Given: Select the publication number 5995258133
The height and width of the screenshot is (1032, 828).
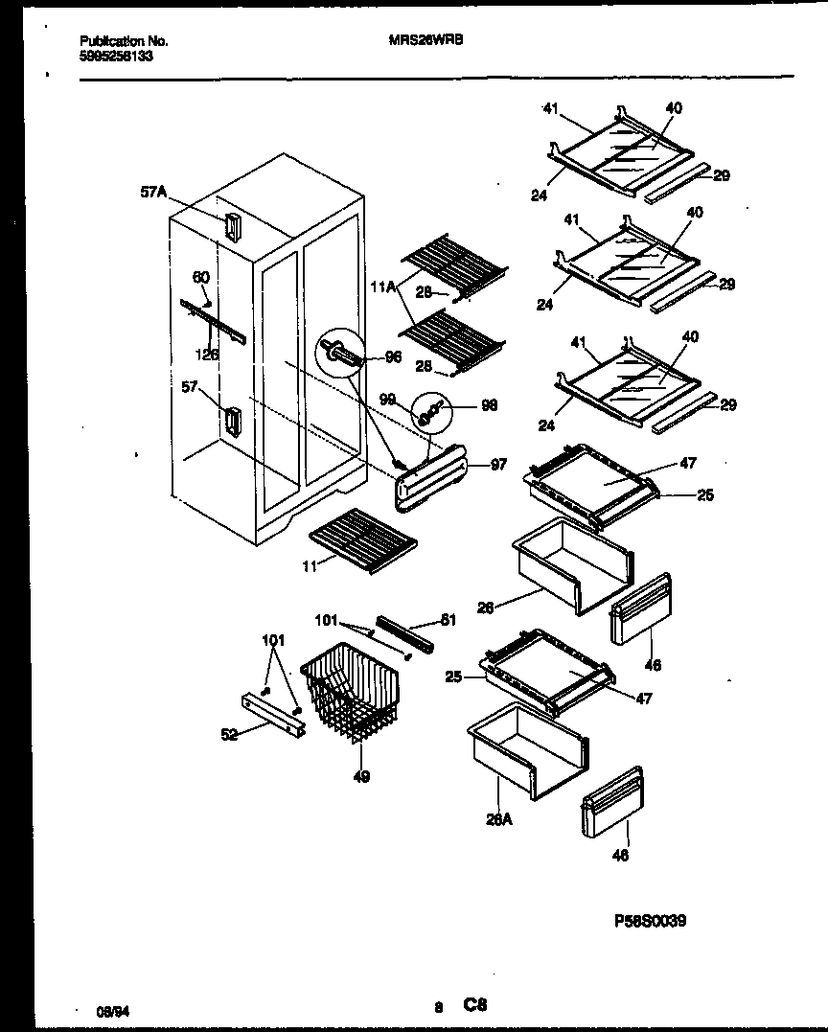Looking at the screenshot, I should [116, 56].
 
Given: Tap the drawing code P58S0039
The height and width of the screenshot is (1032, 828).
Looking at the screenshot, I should [649, 921].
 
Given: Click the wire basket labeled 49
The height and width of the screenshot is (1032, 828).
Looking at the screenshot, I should [352, 690].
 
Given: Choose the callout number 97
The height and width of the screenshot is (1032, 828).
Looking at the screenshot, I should [498, 465].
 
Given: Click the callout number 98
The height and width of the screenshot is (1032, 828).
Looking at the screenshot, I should [489, 405].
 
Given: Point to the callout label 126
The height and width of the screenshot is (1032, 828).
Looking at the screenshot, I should [206, 354].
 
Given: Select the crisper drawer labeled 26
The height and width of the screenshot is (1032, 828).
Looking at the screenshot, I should [571, 565].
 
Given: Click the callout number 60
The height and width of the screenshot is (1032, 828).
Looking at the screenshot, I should [200, 278].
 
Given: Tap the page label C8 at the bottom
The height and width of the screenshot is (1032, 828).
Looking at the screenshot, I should [476, 1005].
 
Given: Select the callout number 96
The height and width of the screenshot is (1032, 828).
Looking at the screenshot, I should [392, 357].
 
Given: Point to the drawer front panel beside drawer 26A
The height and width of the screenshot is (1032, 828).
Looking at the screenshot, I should [611, 804].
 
